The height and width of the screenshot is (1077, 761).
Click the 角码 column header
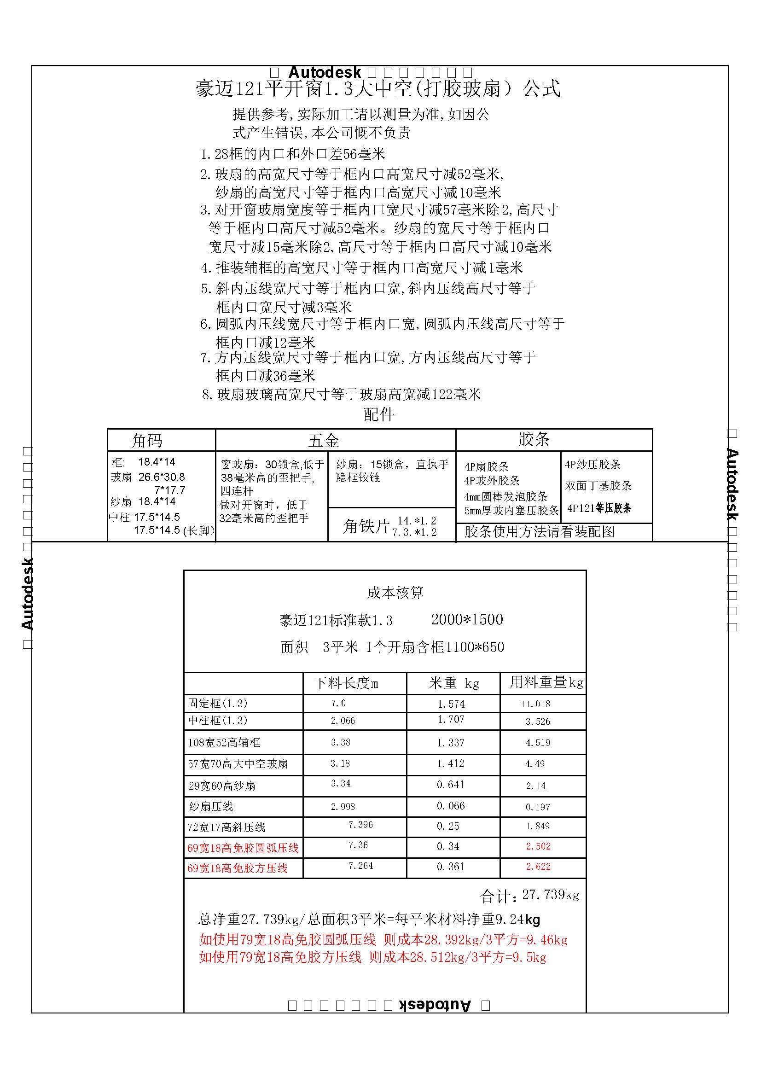(147, 441)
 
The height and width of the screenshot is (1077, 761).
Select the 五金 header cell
(324, 441)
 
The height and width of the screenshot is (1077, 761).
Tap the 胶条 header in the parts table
(534, 439)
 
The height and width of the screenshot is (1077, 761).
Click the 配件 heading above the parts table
(379, 414)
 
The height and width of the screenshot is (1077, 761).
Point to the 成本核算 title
(395, 593)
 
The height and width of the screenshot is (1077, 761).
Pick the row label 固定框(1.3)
(218, 703)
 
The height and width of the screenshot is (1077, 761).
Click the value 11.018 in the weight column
(535, 704)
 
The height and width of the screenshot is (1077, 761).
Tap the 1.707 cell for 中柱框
(451, 719)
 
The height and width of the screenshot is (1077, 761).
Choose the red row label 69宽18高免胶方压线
(237, 868)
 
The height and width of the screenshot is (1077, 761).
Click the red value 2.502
(538, 846)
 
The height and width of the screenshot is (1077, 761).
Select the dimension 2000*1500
(466, 619)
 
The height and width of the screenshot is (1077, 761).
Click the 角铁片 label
(366, 526)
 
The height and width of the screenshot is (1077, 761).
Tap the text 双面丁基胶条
(598, 485)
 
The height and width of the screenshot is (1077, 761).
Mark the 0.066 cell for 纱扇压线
(451, 806)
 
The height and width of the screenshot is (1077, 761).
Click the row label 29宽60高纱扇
(222, 786)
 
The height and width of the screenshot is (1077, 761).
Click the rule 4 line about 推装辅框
(361, 268)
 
